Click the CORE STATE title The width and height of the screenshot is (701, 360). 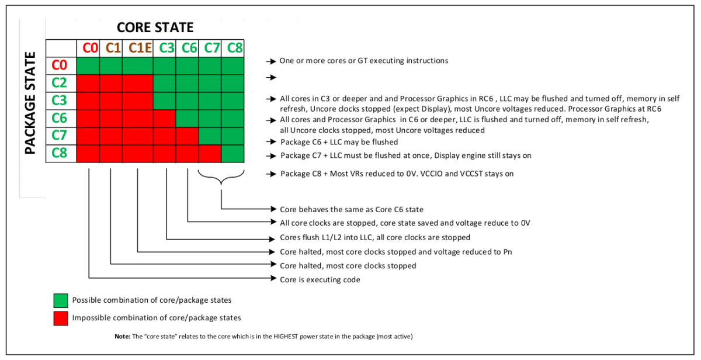155,27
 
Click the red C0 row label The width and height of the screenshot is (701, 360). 61,65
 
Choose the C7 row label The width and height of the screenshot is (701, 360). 61,136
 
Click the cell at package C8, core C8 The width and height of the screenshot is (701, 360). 232,154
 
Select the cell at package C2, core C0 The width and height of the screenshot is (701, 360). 88,83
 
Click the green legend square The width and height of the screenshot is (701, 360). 61,300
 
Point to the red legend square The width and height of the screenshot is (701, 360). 61,318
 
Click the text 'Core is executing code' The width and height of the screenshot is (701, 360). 320,280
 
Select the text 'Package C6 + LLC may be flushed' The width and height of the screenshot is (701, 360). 339,142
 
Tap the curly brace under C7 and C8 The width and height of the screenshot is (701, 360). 221,179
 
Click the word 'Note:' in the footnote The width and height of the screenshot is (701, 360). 123,337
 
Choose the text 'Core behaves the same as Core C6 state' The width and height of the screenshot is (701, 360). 352,209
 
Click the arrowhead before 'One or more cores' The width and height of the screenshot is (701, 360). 271,61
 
